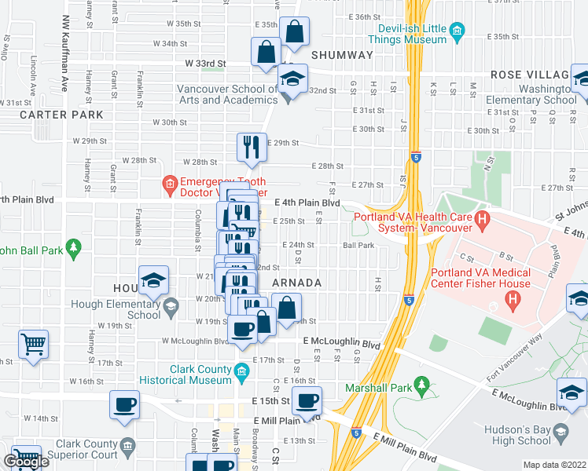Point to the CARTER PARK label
pos(61,115)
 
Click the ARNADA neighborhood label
pos(296,283)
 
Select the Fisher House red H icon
pos(513,298)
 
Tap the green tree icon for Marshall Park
pos(421,386)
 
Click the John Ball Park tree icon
pos(73,249)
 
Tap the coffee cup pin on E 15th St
pos(307,400)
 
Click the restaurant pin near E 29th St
pos(251,146)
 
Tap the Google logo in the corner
pos(26,462)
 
